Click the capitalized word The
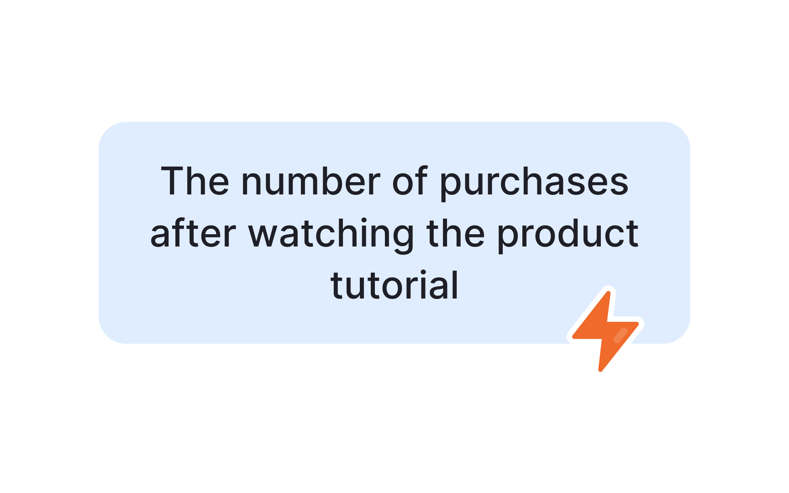(x=195, y=181)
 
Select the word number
(x=310, y=181)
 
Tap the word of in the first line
(x=410, y=181)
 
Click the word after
(x=193, y=234)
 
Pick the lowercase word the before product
(x=455, y=234)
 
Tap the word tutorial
(x=394, y=285)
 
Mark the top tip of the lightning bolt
(x=609, y=293)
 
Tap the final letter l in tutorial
(x=455, y=285)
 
